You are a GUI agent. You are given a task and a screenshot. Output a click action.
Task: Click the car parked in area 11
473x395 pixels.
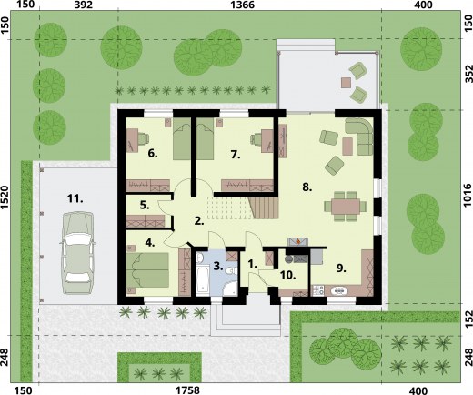point(78,253)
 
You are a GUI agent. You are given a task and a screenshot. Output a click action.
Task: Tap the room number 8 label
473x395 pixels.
point(307,187)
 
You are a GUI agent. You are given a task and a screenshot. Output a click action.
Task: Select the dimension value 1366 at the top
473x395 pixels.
point(242,5)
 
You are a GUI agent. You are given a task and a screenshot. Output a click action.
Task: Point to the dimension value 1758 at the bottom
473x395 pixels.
point(187,390)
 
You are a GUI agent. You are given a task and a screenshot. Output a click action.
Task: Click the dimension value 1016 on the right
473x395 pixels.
point(468,195)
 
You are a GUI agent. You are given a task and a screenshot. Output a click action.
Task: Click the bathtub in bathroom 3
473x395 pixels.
point(202,279)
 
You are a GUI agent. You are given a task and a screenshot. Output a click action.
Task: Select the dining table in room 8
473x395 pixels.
point(346,207)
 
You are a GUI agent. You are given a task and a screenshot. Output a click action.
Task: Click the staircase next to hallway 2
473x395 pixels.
point(264,208)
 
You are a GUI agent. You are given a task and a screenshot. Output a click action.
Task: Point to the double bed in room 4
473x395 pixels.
point(147,270)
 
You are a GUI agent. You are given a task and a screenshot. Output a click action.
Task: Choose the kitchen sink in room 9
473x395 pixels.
point(339,291)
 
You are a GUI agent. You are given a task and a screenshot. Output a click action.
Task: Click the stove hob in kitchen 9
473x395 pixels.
point(318,290)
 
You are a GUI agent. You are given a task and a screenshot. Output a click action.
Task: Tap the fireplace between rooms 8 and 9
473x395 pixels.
point(298,242)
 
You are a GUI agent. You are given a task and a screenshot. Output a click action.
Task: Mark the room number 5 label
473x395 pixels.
point(145,206)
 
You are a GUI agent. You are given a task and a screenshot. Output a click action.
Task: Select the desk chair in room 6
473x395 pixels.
point(143,137)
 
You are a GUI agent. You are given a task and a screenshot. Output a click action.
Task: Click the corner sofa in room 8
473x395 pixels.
point(360,136)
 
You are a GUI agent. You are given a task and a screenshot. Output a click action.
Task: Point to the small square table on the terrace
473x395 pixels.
point(346,83)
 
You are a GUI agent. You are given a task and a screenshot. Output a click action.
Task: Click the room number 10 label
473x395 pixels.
point(287,275)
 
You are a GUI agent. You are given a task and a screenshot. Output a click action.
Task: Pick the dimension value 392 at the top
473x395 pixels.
point(84,5)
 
